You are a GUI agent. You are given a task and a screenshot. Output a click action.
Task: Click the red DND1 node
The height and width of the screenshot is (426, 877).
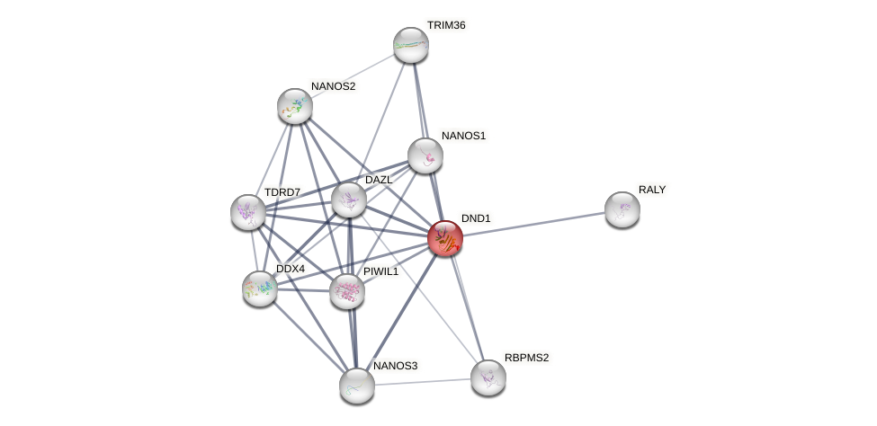click(x=444, y=238)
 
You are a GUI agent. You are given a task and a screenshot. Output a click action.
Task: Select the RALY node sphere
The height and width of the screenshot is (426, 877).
click(x=622, y=209)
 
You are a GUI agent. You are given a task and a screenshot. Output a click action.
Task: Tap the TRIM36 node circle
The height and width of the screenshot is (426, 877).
click(x=411, y=45)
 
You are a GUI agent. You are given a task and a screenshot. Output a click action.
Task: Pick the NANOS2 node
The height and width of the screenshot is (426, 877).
click(x=294, y=106)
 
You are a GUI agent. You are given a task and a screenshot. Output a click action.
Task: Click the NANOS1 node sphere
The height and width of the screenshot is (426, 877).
click(x=425, y=155)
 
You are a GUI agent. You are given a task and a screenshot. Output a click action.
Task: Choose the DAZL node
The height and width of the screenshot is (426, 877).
click(x=348, y=199)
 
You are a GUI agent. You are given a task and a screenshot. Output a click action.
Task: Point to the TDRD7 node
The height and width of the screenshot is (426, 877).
click(x=247, y=212)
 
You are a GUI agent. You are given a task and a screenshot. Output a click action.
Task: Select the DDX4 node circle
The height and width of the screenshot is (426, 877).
click(x=260, y=288)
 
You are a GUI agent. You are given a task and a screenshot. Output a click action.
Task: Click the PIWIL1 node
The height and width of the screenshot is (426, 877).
click(x=347, y=291)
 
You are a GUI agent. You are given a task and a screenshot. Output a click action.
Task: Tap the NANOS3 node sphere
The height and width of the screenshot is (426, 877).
click(x=357, y=385)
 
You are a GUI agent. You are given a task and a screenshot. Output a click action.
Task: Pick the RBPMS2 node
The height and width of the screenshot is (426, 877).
click(x=488, y=377)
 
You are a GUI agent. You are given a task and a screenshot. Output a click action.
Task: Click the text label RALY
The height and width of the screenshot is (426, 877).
click(x=652, y=190)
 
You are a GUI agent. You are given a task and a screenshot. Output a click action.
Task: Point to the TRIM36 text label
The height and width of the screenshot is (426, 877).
click(x=446, y=25)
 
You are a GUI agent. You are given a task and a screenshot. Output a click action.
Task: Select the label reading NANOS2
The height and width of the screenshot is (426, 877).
click(x=333, y=86)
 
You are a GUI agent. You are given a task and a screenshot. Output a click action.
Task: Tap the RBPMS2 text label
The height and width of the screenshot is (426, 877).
click(x=526, y=358)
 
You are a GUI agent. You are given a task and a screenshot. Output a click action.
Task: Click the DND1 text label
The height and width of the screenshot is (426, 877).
click(x=476, y=218)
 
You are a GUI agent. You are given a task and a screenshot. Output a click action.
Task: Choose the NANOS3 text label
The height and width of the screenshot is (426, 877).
click(x=396, y=366)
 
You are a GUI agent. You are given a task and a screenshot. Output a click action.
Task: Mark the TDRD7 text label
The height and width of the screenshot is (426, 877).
click(x=282, y=192)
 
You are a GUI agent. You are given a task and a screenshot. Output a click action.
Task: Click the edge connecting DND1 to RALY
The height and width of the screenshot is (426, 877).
click(x=532, y=224)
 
